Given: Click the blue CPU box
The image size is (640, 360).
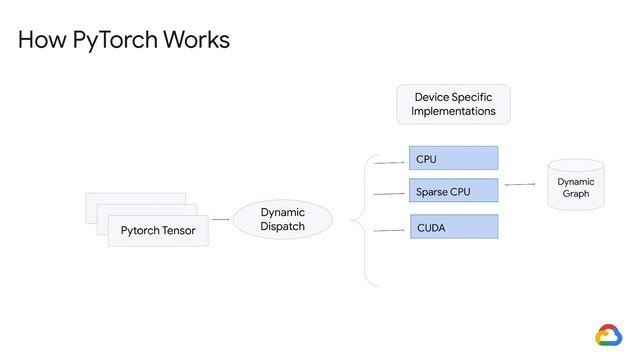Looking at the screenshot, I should tap(453, 159).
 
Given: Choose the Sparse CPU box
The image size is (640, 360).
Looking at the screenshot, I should tap(453, 191).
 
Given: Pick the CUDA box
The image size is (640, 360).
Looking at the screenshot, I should tap(453, 228).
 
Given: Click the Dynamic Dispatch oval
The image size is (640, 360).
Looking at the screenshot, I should tap(282, 219).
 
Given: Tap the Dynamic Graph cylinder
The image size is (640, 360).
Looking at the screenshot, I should tap(576, 186).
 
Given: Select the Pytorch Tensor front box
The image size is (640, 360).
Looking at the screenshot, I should tap(158, 231).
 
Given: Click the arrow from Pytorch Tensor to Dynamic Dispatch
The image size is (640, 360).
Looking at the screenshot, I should tap(221, 219).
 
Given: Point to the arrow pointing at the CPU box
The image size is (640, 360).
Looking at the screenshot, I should tap(389, 160).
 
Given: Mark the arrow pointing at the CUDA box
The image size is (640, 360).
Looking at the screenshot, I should tap(389, 230).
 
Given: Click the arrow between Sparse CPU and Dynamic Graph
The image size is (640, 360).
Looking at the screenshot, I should tap(520, 184).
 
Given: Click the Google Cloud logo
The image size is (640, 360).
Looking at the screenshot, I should tap(609, 335).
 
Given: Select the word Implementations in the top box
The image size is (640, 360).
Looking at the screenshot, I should tap(453, 112).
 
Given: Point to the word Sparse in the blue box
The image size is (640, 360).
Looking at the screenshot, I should tap(432, 191).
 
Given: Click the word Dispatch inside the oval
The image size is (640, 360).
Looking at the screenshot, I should tap(282, 227).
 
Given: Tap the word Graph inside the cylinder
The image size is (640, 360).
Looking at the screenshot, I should tap(576, 194).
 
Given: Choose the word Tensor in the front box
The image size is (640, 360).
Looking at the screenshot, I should tap(177, 231).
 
